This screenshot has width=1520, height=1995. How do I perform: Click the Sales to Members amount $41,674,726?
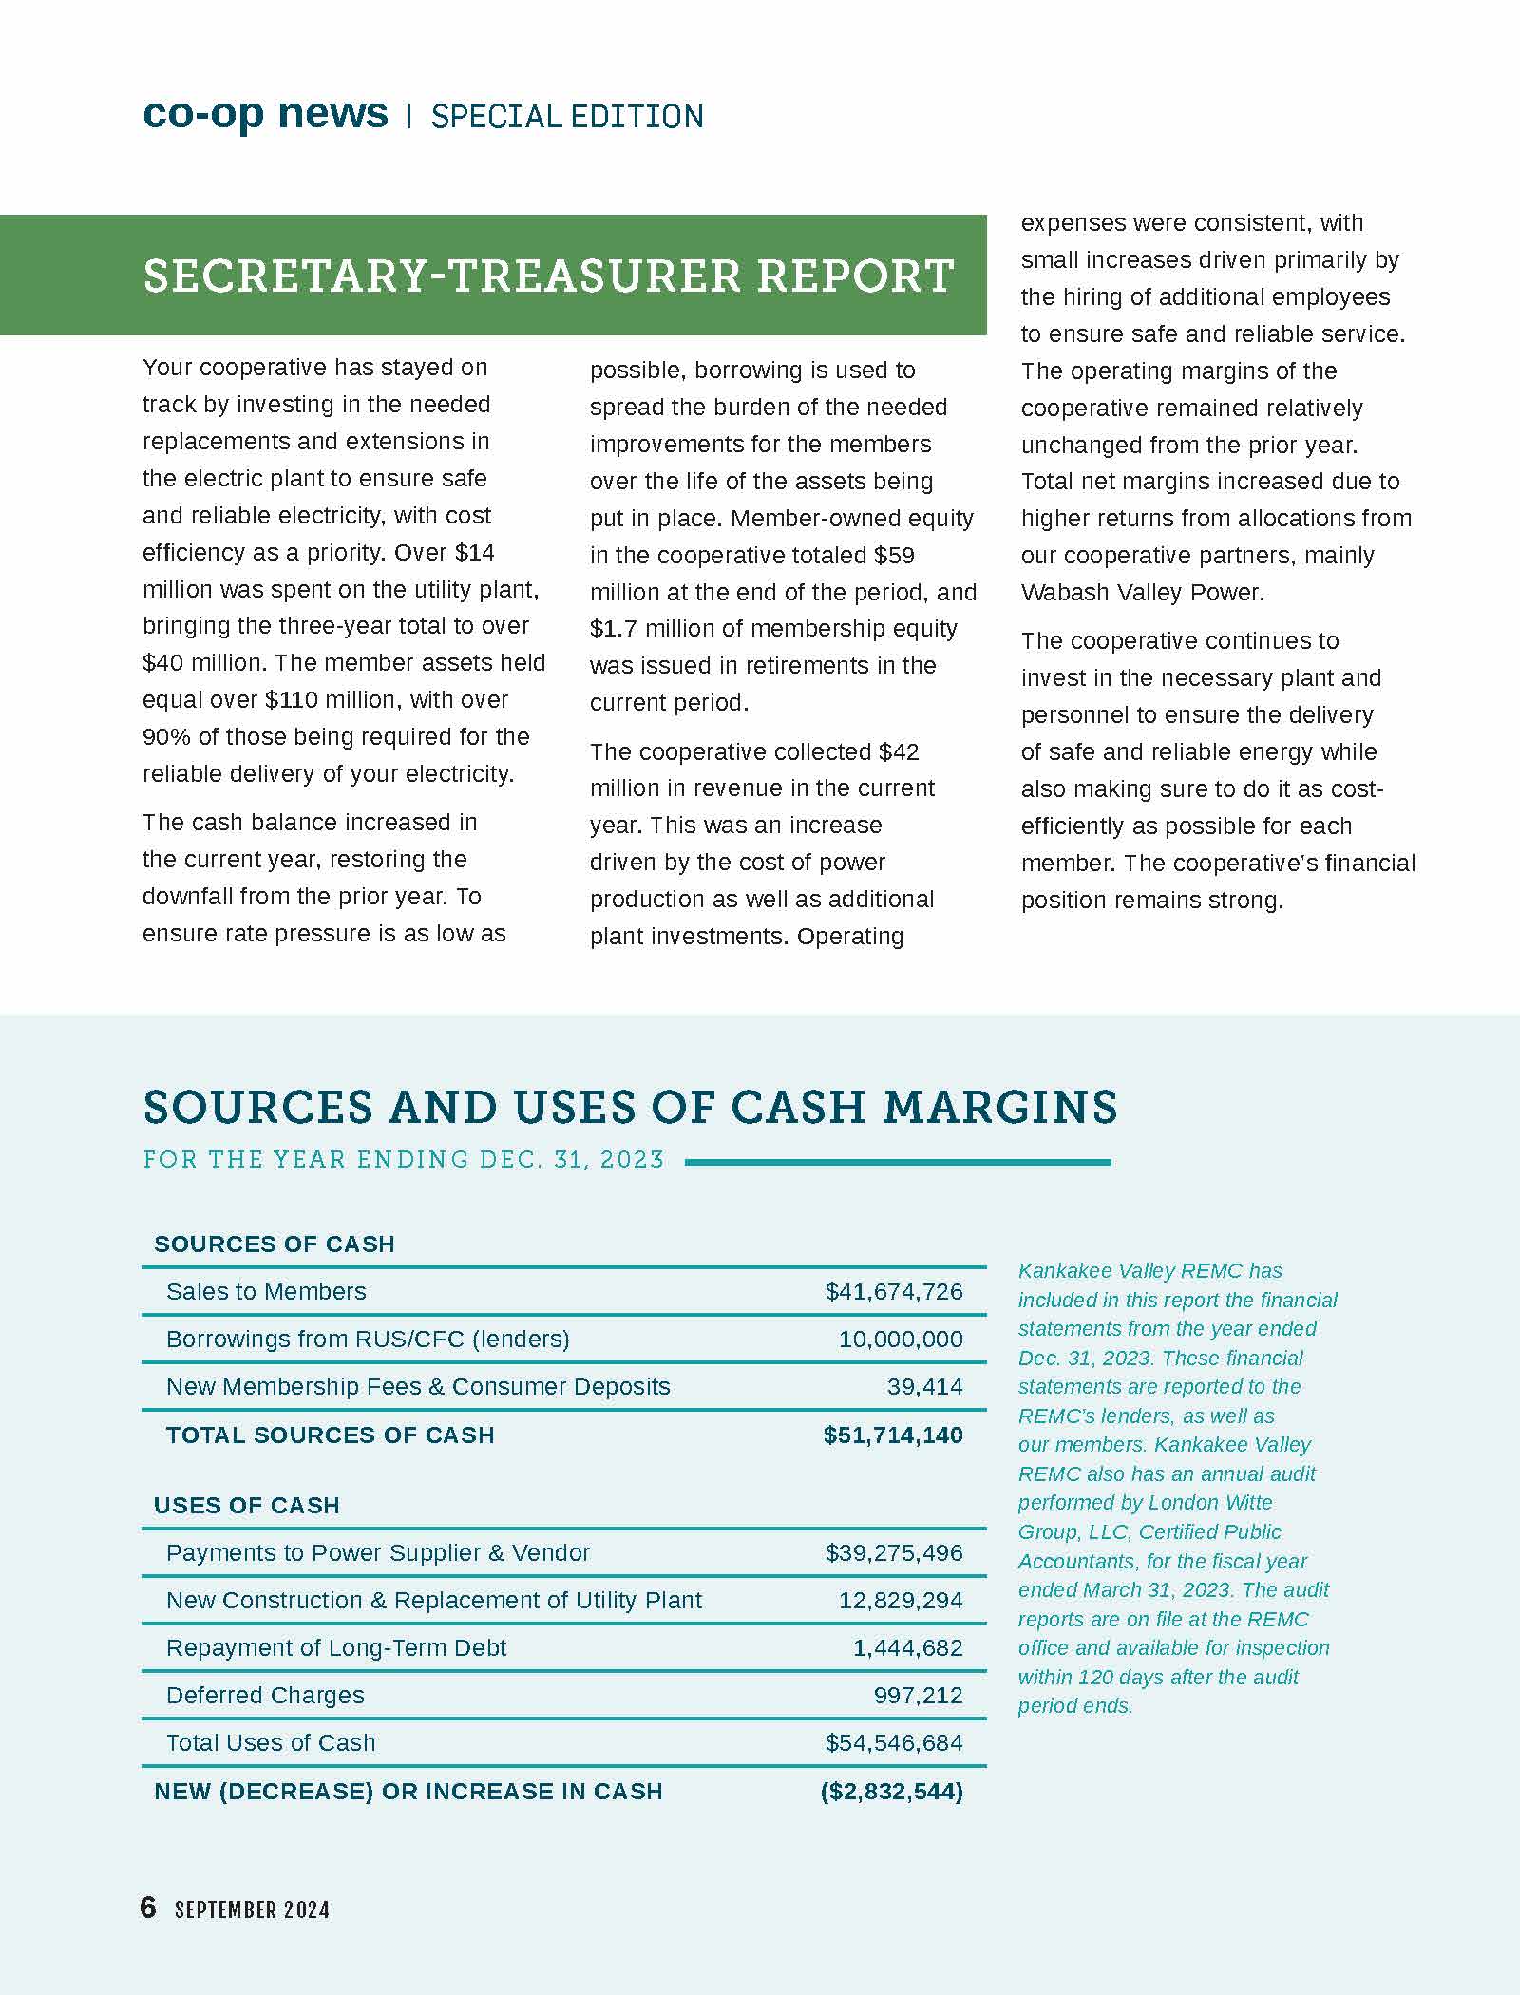(x=893, y=1292)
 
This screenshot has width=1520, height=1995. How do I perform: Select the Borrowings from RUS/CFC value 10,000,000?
(x=901, y=1339)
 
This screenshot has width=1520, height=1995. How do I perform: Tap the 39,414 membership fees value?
(x=924, y=1387)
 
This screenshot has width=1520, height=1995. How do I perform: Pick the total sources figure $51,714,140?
(x=893, y=1435)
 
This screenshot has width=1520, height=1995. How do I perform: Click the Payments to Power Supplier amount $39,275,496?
(x=893, y=1553)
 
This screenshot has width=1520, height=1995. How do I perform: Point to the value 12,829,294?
(x=901, y=1601)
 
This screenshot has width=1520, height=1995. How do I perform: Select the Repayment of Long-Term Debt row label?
(x=336, y=1648)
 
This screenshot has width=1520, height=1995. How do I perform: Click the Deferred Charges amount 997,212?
(x=918, y=1696)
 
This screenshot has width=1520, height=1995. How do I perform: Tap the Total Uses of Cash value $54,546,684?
(x=893, y=1743)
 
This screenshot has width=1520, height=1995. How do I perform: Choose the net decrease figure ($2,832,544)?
(x=892, y=1792)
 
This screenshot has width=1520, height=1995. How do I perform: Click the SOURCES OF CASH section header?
(x=274, y=1244)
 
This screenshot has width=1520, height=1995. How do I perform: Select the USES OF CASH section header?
(x=247, y=1506)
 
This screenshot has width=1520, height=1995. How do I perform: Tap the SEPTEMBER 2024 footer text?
(x=252, y=1909)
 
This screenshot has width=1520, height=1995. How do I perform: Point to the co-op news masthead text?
(x=265, y=114)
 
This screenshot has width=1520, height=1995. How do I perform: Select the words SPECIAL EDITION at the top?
(x=567, y=117)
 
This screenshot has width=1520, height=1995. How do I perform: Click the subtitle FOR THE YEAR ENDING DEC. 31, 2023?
(x=403, y=1160)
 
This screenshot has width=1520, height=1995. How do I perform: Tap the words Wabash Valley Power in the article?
(x=1142, y=593)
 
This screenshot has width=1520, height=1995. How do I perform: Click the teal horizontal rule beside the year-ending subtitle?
(x=897, y=1162)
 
